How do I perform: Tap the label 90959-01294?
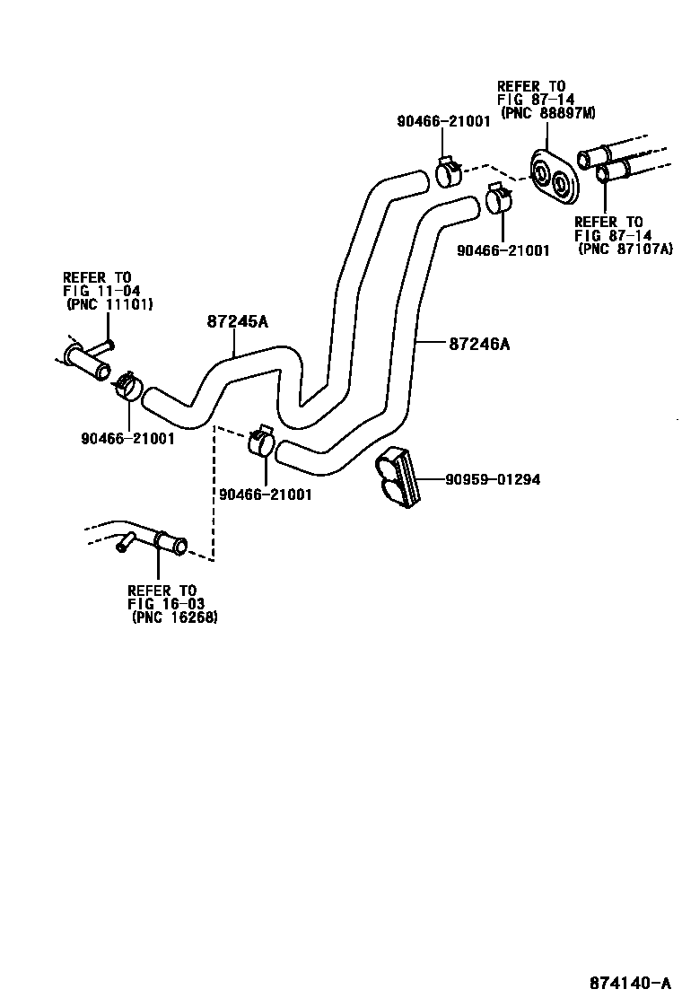pos(493,479)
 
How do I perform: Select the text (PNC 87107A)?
pos(625,249)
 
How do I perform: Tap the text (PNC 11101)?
pos(109,304)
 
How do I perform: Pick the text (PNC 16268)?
pos(174,617)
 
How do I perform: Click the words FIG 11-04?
pos(96,291)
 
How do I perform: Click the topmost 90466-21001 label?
pos(443,122)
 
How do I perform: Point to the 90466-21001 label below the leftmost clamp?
pos(127,440)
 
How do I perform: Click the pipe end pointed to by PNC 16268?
pos(169,542)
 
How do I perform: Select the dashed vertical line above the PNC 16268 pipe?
pos(214,494)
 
